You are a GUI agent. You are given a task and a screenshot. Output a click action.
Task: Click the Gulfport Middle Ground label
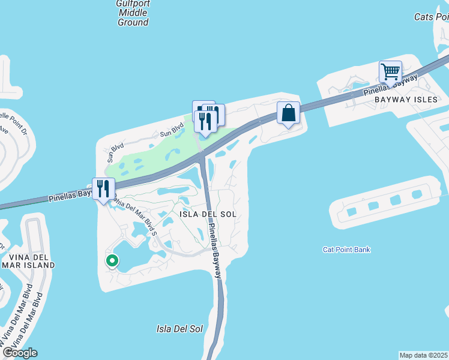[x=133, y=13]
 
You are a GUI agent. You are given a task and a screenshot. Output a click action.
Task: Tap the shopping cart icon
[x=390, y=72]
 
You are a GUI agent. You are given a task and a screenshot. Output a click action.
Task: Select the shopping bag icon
[x=288, y=113]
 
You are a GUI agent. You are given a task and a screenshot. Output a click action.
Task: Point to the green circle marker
[x=112, y=260]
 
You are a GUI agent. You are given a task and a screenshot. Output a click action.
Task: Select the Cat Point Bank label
[x=346, y=250]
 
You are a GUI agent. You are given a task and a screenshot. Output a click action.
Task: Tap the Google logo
[x=19, y=353]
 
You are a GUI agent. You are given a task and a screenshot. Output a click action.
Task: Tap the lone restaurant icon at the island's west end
[x=103, y=189]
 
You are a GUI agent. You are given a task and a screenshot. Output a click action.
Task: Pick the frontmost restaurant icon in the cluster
[x=205, y=121]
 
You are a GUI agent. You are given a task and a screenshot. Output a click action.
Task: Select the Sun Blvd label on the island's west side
[x=110, y=154]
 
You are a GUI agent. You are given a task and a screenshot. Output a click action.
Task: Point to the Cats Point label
[x=431, y=17]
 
